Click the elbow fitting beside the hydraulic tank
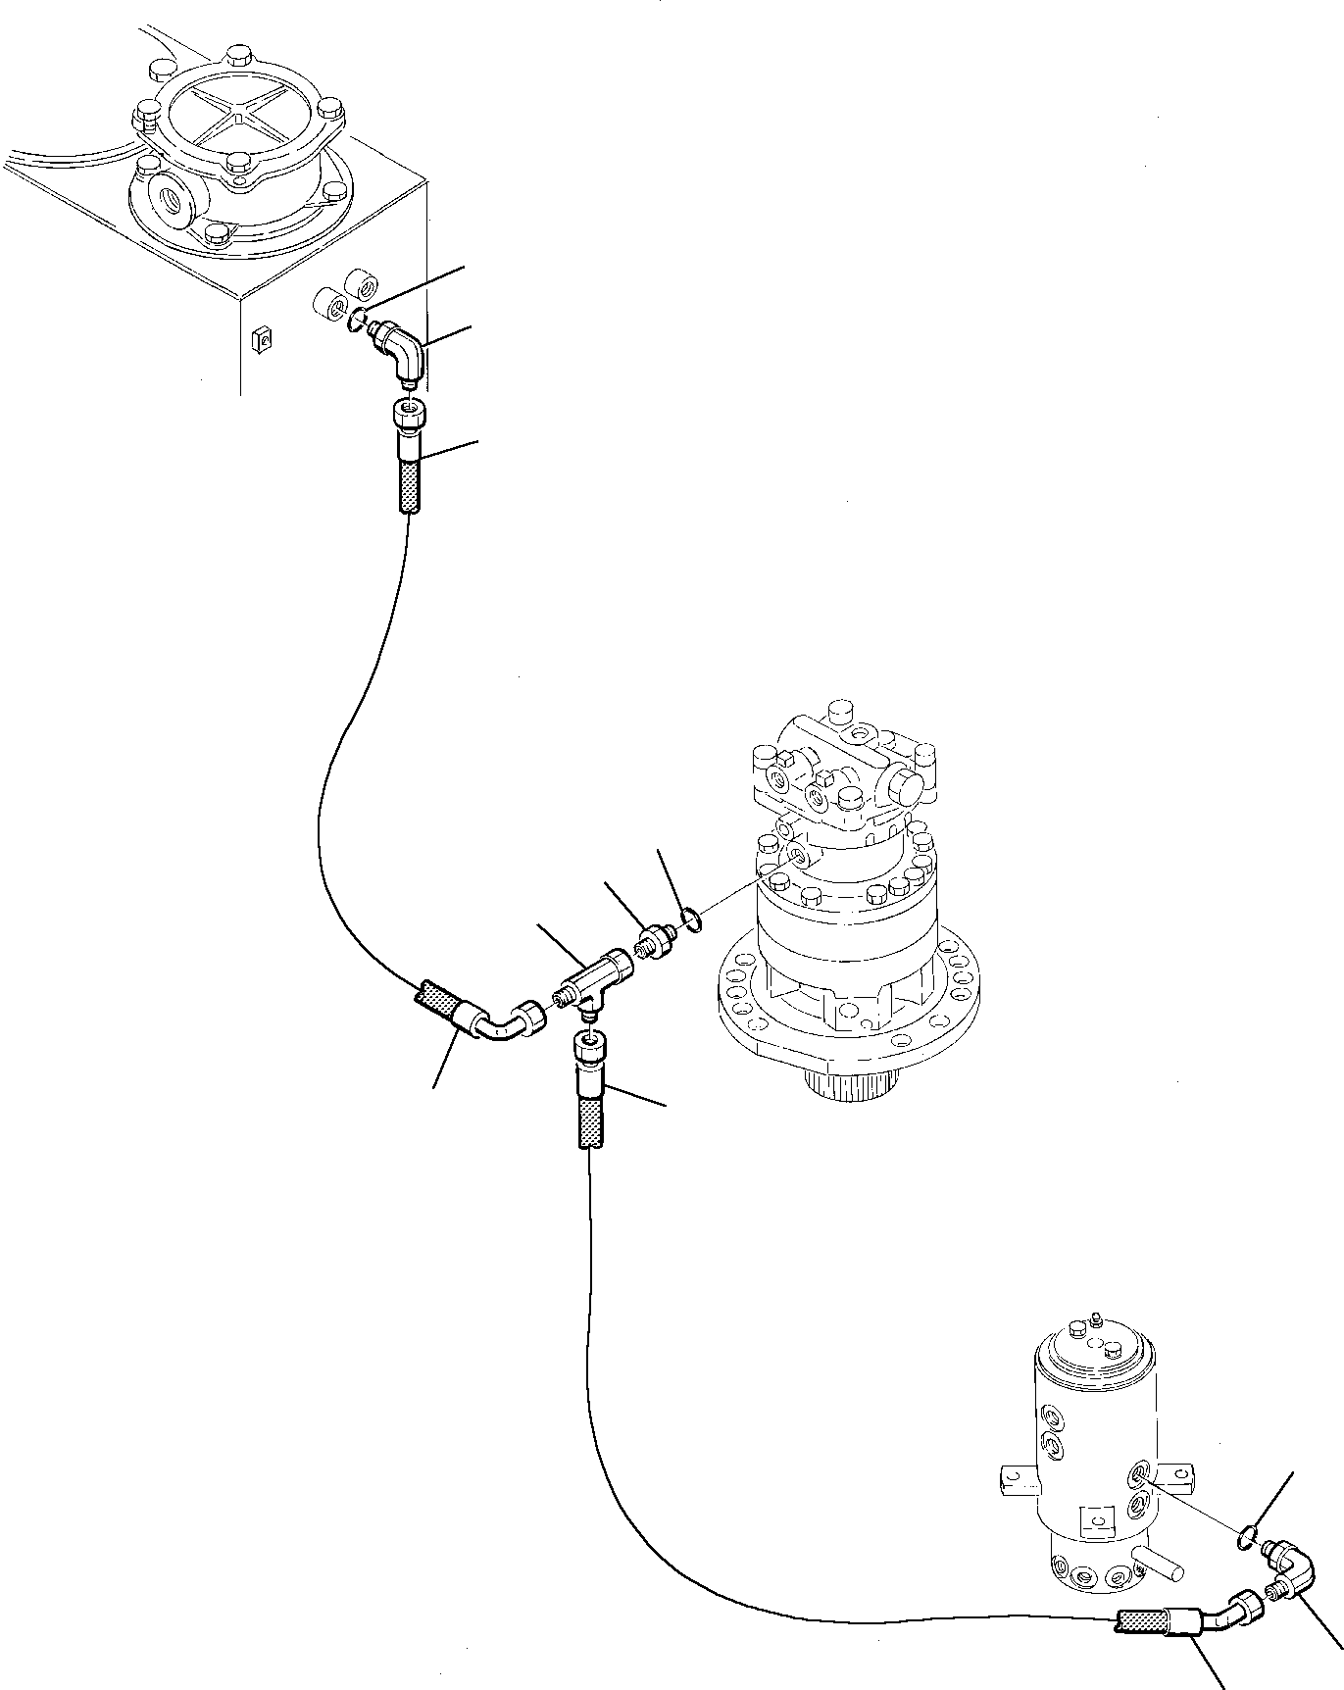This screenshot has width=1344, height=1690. click(x=404, y=353)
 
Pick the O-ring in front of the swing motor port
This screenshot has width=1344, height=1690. click(x=690, y=919)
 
